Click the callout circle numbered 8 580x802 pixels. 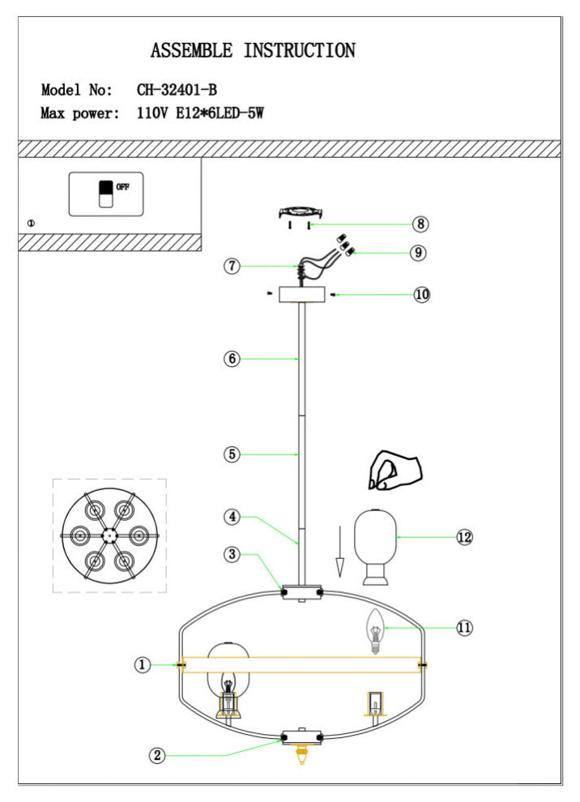pyautogui.click(x=420, y=224)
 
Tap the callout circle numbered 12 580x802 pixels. pyautogui.click(x=464, y=537)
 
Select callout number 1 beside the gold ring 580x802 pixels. pyautogui.click(x=143, y=665)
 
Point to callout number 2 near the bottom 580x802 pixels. pyautogui.click(x=157, y=755)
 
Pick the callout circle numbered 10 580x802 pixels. pyautogui.click(x=421, y=295)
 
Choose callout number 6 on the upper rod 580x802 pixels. pyautogui.click(x=232, y=360)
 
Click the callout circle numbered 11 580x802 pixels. pyautogui.click(x=464, y=627)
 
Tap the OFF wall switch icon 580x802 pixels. pyautogui.click(x=105, y=194)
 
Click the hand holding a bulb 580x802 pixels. pyautogui.click(x=394, y=471)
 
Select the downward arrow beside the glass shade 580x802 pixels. pyautogui.click(x=341, y=551)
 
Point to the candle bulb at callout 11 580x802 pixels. pyautogui.click(x=375, y=632)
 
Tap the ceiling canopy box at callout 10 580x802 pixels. pyautogui.click(x=301, y=295)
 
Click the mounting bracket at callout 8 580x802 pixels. pyautogui.click(x=301, y=212)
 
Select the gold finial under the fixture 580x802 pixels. pyautogui.click(x=302, y=755)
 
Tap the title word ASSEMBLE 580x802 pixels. pyautogui.click(x=191, y=51)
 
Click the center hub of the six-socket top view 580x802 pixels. pyautogui.click(x=109, y=535)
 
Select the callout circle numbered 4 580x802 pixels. pyautogui.click(x=232, y=515)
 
